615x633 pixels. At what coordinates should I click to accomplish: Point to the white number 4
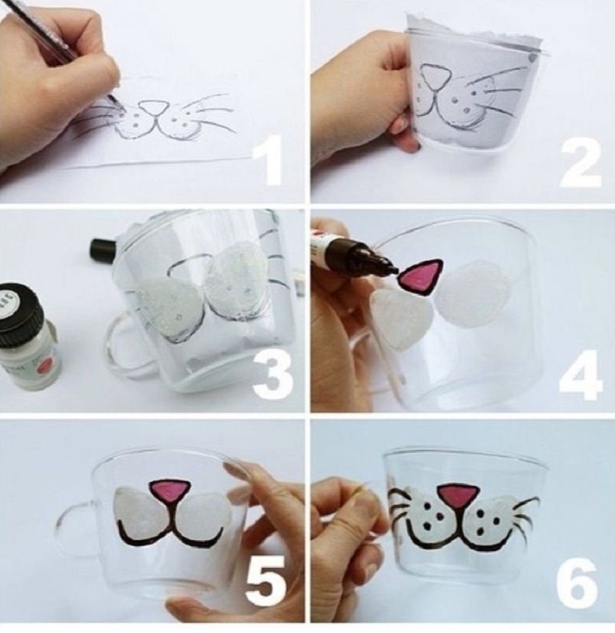point(581,374)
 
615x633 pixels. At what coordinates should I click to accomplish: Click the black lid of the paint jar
point(20,308)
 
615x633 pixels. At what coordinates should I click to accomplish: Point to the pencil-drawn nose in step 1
point(156,107)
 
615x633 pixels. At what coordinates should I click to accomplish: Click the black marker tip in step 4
point(392,269)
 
